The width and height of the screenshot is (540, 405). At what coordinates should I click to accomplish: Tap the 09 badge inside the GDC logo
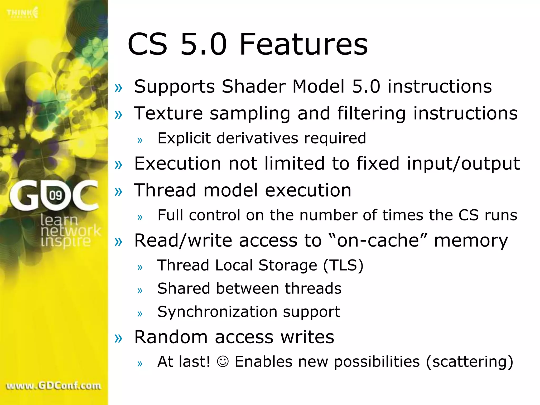(x=56, y=195)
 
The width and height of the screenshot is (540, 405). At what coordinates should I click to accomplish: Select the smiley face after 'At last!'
(x=223, y=361)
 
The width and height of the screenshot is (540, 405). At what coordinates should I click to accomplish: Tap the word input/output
(x=463, y=163)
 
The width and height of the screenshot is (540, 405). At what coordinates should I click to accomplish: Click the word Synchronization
(x=217, y=312)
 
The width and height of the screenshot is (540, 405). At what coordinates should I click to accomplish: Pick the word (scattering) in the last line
(x=470, y=361)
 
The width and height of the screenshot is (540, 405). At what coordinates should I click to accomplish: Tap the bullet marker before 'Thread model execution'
(x=118, y=191)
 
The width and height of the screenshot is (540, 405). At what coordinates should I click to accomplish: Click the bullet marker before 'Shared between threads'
(x=140, y=290)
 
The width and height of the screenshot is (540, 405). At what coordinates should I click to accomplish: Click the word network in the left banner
(x=71, y=231)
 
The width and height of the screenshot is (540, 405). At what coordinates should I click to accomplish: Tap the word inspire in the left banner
(x=66, y=242)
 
